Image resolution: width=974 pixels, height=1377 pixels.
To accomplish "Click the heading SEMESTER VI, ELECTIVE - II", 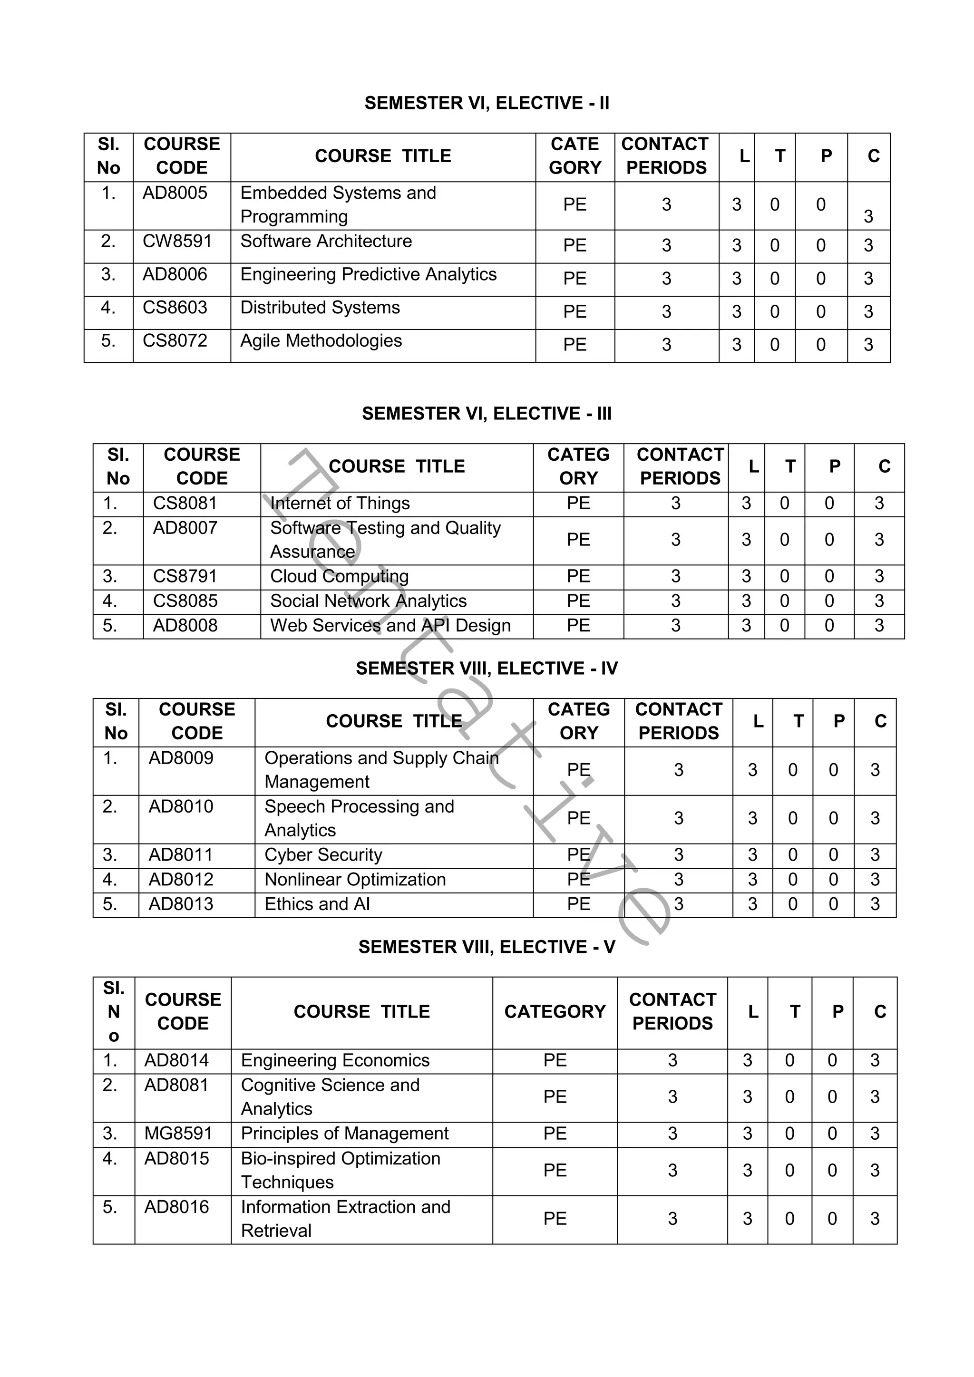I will point(487,103).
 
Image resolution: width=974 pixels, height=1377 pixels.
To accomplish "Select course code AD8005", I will point(175,193).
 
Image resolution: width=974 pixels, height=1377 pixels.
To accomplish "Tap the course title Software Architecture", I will point(326,241).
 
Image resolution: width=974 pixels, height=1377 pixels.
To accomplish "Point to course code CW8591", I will point(177,241).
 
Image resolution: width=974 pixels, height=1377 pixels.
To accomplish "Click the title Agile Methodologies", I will point(321,340).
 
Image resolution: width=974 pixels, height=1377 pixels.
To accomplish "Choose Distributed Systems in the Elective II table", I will point(320,308).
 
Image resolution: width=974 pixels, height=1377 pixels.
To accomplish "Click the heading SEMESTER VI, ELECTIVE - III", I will point(487,414).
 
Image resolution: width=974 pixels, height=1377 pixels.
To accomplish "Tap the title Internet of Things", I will point(340,503).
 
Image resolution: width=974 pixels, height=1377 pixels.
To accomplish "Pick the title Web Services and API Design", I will point(390,626).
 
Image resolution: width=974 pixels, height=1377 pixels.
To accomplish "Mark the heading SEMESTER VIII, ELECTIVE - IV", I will point(487,669).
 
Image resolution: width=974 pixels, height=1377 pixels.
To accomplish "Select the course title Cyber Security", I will point(323,854).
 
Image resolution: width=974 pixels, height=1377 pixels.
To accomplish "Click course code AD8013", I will point(181,904).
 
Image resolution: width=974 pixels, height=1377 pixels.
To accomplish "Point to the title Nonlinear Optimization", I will point(355,879).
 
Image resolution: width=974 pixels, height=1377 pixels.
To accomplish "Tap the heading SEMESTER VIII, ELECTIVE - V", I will point(487,947).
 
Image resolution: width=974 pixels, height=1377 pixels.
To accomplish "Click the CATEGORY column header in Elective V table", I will point(555,1012).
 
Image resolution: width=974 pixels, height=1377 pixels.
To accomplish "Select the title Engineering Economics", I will point(335,1060).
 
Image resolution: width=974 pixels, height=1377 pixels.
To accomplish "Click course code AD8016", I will point(176,1207).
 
